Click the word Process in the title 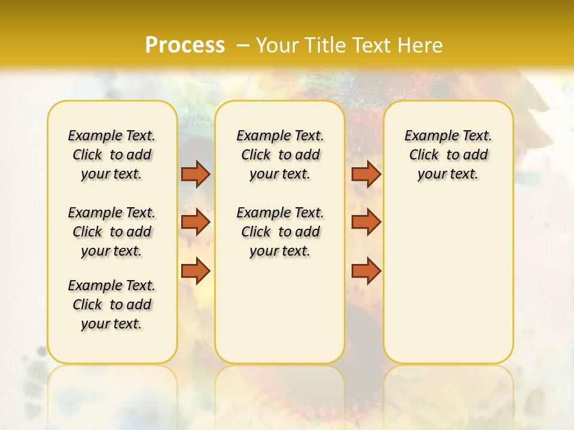click(x=185, y=45)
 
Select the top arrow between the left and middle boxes click(x=196, y=174)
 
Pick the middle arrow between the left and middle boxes click(x=196, y=222)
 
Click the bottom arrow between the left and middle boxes click(x=196, y=271)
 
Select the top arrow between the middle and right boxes click(x=366, y=174)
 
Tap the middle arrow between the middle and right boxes click(x=366, y=222)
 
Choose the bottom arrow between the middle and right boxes click(x=366, y=271)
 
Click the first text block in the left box click(x=112, y=155)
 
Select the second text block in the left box click(x=112, y=232)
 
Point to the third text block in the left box click(x=112, y=305)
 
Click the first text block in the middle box click(x=280, y=155)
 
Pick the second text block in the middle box click(x=280, y=232)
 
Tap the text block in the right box click(x=448, y=155)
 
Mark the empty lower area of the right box click(x=448, y=281)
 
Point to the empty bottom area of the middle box click(x=280, y=311)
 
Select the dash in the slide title click(x=242, y=45)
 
